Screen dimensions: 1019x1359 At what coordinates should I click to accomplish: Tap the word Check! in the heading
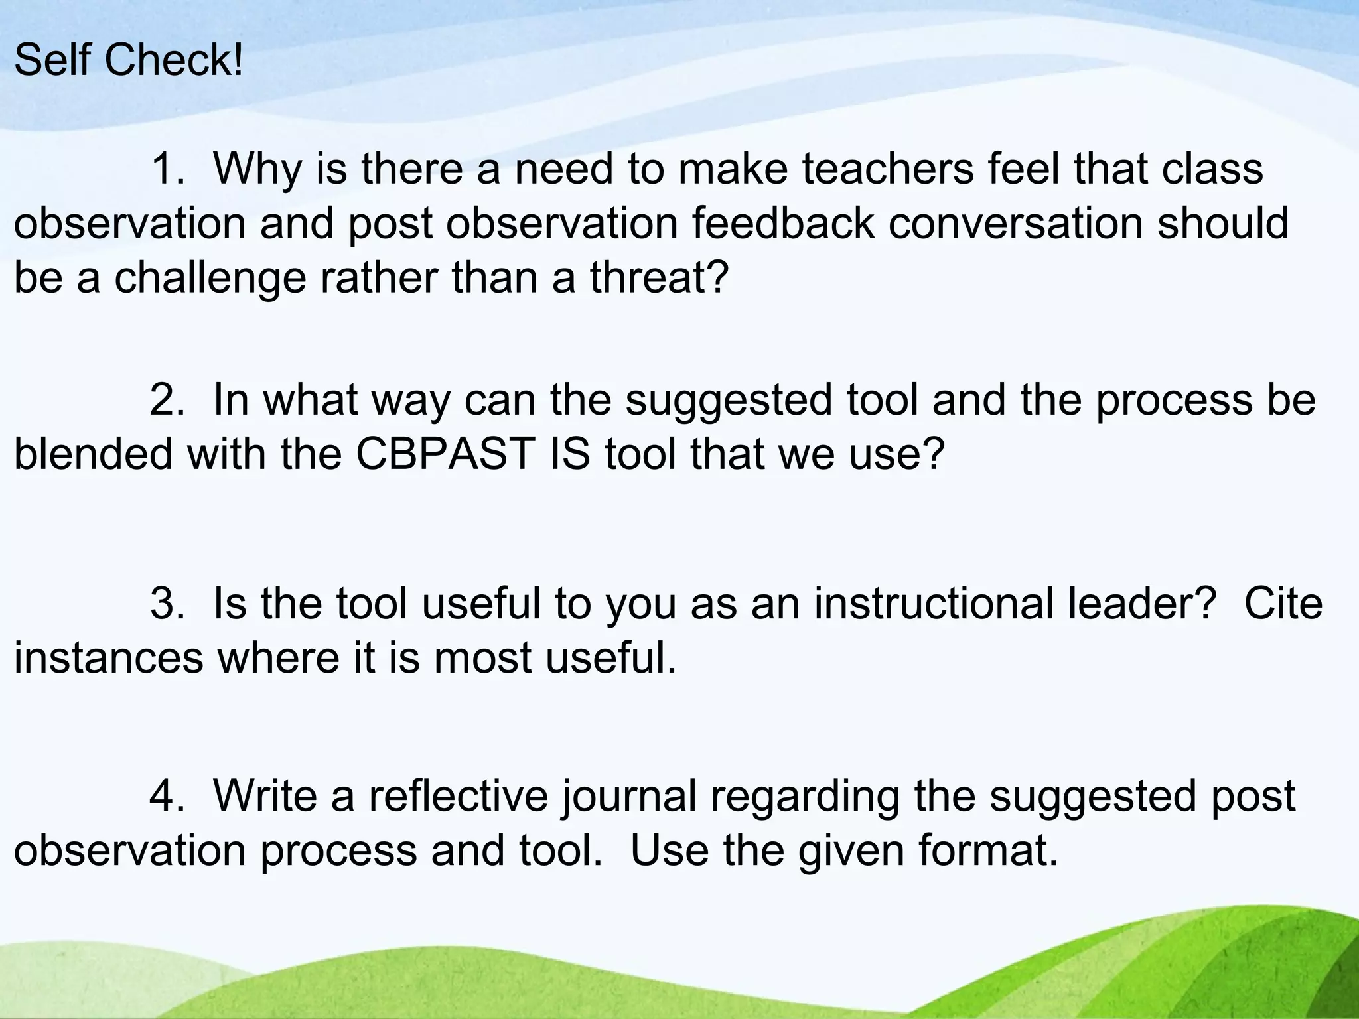pyautogui.click(x=175, y=60)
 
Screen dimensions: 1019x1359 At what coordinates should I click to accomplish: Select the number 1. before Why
pyautogui.click(x=168, y=169)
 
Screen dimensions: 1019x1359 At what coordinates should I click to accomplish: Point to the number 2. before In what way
pyautogui.click(x=168, y=401)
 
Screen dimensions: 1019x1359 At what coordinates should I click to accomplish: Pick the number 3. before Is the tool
pyautogui.click(x=168, y=604)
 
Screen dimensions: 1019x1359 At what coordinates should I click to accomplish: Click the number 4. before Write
pyautogui.click(x=168, y=795)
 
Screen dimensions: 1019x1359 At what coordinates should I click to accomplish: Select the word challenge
pyautogui.click(x=210, y=279)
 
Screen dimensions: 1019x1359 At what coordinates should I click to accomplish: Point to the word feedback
pyautogui.click(x=784, y=224)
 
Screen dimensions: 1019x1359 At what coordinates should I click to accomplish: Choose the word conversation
pyautogui.click(x=1015, y=224)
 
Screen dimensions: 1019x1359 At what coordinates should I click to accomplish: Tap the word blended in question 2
pyautogui.click(x=93, y=455)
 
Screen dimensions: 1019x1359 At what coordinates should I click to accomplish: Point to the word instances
pyautogui.click(x=109, y=659)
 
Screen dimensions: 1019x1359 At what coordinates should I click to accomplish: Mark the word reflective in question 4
pyautogui.click(x=459, y=795)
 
